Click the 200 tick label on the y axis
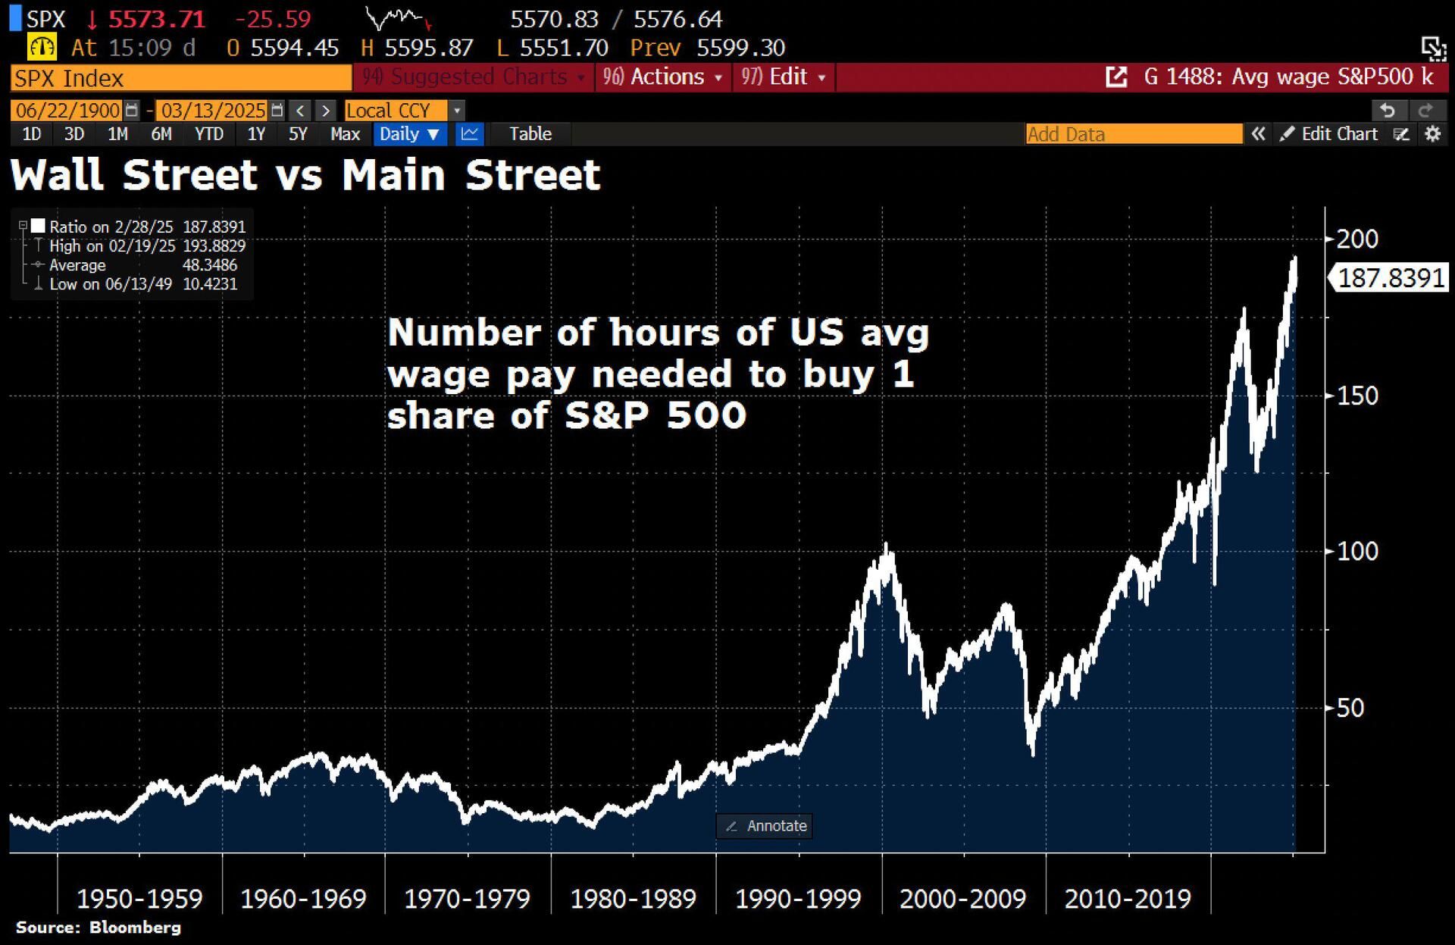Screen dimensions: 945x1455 [x=1356, y=239]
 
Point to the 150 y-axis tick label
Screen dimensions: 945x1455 [x=1356, y=396]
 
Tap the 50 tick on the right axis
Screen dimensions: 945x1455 [x=1350, y=708]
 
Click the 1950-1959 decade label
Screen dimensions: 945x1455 [x=139, y=899]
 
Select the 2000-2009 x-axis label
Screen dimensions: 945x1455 [x=962, y=899]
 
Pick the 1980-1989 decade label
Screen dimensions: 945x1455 [x=633, y=899]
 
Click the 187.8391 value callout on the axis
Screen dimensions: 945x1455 [x=1391, y=278]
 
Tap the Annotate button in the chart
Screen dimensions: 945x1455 [x=765, y=826]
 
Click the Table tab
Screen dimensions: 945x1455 [x=530, y=134]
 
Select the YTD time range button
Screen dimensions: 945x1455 [x=208, y=134]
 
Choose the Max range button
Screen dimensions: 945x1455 [x=345, y=134]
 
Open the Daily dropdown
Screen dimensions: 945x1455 [x=409, y=134]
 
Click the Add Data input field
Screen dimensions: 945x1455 [x=1134, y=134]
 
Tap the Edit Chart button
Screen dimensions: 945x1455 [x=1330, y=134]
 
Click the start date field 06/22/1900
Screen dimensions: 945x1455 [x=68, y=111]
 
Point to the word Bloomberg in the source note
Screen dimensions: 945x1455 [x=135, y=928]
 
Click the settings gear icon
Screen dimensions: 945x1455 [x=1432, y=134]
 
